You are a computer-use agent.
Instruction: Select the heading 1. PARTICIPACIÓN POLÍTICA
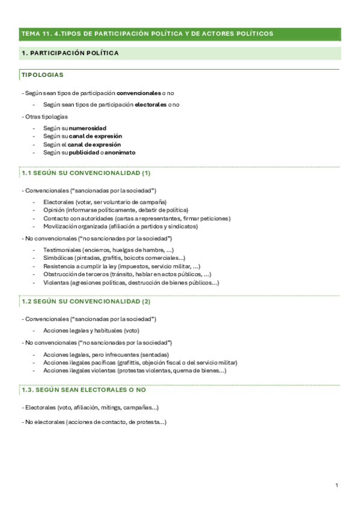pyautogui.click(x=70, y=54)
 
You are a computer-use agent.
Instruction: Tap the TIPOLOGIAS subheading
pyautogui.click(x=42, y=75)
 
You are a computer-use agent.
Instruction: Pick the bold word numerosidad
pyautogui.click(x=88, y=129)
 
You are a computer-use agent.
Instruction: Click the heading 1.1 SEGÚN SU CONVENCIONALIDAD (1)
pyautogui.click(x=85, y=173)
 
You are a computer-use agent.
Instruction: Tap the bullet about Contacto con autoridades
pyautogui.click(x=136, y=219)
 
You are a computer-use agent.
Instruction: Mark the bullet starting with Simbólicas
pyautogui.click(x=114, y=258)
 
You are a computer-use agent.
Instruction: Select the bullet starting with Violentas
pyautogui.click(x=130, y=283)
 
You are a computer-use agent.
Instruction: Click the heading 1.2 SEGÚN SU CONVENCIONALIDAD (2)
pyautogui.click(x=86, y=301)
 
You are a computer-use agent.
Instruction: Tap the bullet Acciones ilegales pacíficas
pyautogui.click(x=140, y=363)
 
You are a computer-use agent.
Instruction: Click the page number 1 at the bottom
pyautogui.click(x=337, y=485)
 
